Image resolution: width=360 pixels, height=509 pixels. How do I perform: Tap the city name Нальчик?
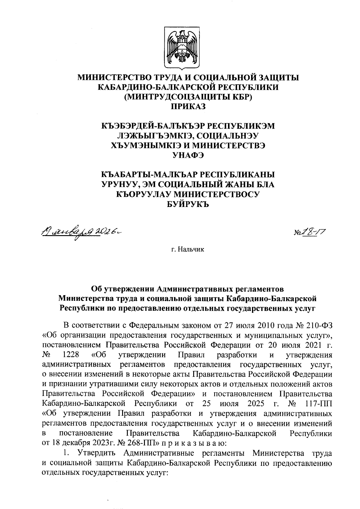click(x=191, y=249)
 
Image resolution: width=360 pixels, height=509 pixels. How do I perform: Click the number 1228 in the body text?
click(x=71, y=355)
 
